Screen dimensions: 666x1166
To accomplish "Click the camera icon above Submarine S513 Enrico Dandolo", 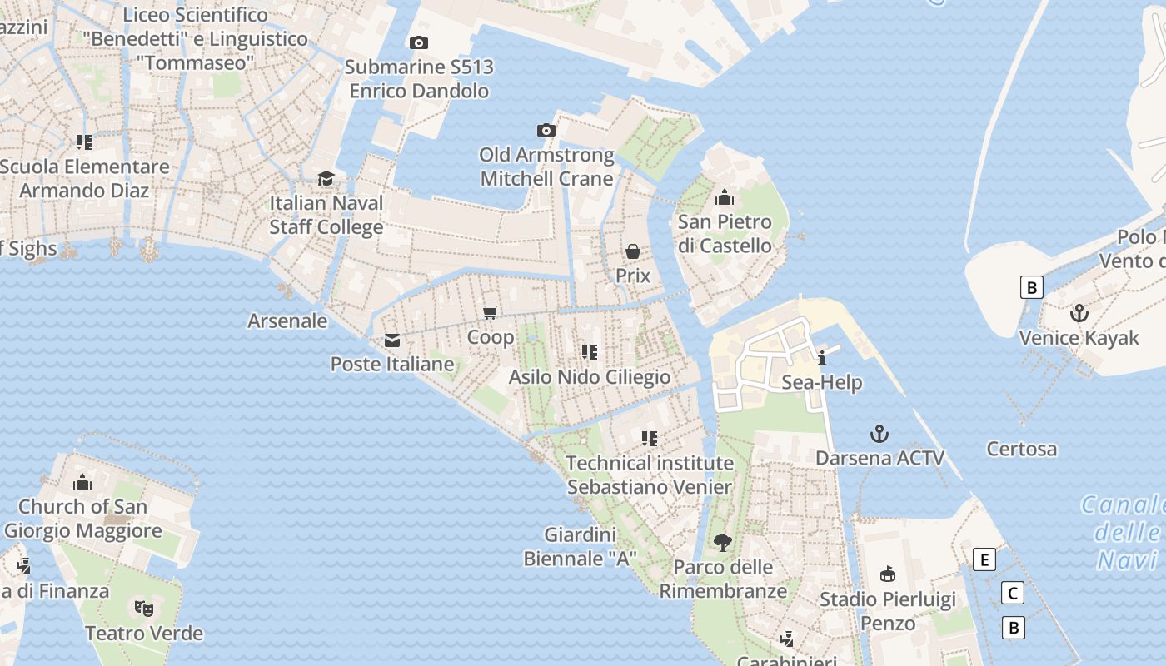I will click(x=419, y=42).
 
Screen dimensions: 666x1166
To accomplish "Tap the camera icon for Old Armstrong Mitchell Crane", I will click(x=546, y=130).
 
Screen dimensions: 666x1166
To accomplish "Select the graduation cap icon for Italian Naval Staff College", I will click(x=326, y=179).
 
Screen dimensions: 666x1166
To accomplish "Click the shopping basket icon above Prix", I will click(x=633, y=251).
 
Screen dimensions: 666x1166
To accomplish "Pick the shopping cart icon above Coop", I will click(x=491, y=312).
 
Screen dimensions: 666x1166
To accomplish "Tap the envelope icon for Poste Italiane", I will click(x=392, y=340).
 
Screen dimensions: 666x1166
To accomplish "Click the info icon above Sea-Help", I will click(x=822, y=358).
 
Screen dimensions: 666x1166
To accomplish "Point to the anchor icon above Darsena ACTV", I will click(x=879, y=433).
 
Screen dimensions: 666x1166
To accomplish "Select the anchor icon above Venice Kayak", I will click(x=1079, y=313).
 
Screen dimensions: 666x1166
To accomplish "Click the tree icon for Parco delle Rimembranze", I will click(x=723, y=543).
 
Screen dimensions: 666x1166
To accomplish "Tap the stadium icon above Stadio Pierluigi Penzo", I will click(x=888, y=574).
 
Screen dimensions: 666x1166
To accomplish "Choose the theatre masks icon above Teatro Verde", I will click(x=144, y=609).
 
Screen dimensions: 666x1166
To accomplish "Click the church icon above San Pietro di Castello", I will click(x=725, y=197).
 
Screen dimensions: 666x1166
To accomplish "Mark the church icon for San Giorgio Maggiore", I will click(x=82, y=482).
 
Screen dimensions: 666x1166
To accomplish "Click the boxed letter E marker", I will click(x=984, y=559).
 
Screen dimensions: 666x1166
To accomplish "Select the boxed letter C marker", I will click(x=1013, y=594).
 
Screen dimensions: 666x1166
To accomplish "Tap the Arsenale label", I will click(x=287, y=321).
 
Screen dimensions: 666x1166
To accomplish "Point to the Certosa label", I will click(x=1022, y=449).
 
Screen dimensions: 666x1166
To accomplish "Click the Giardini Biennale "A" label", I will click(x=581, y=547).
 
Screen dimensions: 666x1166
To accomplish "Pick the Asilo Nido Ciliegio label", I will click(x=590, y=377).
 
